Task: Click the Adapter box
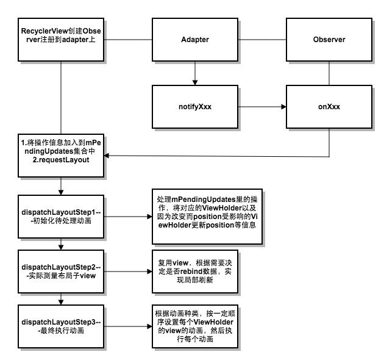(195, 40)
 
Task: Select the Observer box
(329, 40)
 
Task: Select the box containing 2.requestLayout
(62, 155)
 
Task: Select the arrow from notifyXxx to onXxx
(262, 106)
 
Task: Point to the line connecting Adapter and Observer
(262, 40)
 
